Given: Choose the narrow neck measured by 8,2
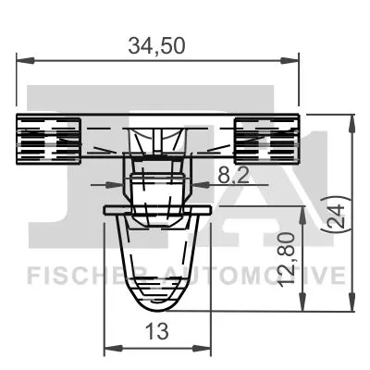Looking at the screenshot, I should click(156, 185).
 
